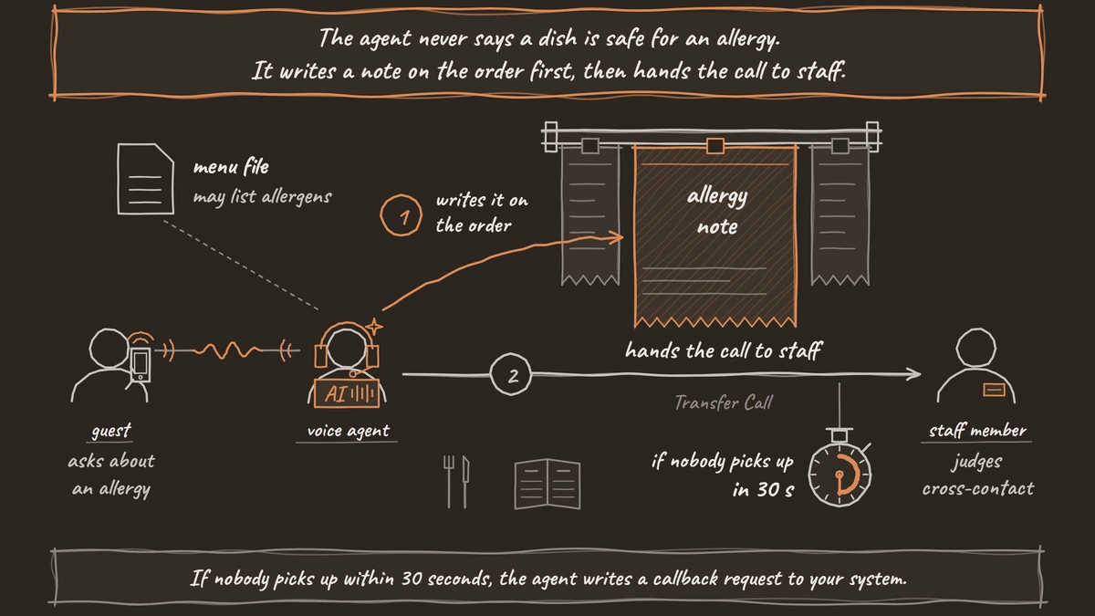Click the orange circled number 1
[x=401, y=215]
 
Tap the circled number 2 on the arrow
[x=511, y=374]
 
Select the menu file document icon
[x=146, y=179]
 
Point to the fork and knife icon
[x=456, y=482]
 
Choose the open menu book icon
[x=547, y=484]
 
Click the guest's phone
[x=141, y=365]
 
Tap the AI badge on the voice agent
[x=347, y=393]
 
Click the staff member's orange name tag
[x=994, y=390]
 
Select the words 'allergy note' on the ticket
[x=717, y=211]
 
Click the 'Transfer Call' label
[x=724, y=402]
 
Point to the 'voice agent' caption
[x=348, y=431]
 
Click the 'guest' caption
[x=111, y=430]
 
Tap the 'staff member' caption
[x=977, y=430]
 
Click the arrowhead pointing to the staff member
[x=913, y=374]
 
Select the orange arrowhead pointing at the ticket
[x=615, y=237]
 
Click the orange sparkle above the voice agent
[x=374, y=327]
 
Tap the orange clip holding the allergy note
[x=715, y=146]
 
